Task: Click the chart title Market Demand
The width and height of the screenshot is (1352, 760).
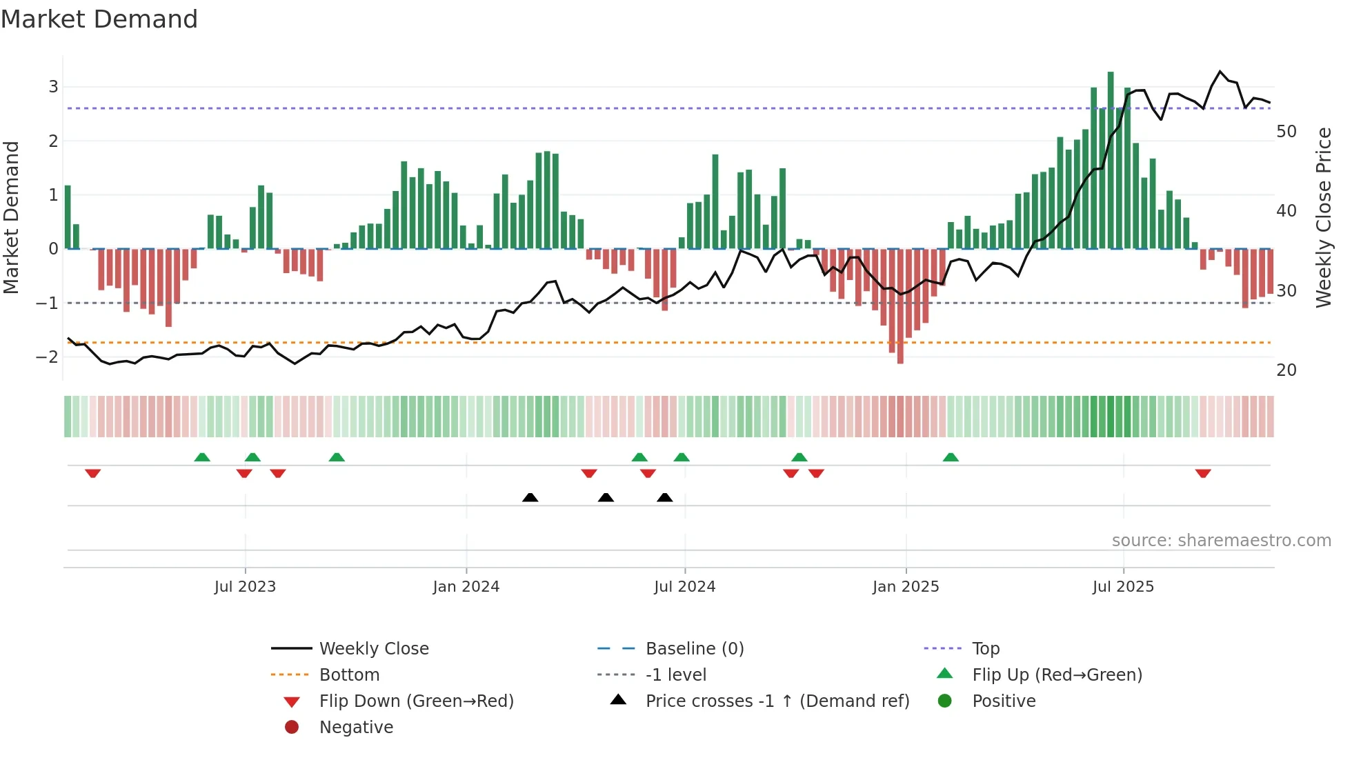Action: [99, 19]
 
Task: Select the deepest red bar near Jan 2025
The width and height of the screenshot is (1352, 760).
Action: [900, 306]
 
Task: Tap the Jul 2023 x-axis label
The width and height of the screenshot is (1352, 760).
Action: [245, 587]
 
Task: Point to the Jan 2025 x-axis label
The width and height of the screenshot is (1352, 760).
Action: [906, 587]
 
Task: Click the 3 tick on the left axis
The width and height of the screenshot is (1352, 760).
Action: [53, 87]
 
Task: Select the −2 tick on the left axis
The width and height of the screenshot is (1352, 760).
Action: [48, 357]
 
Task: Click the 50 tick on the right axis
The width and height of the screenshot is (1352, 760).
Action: [1286, 132]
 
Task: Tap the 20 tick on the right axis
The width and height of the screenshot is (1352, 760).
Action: [1286, 370]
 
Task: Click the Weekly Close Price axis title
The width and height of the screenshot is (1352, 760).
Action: [1323, 217]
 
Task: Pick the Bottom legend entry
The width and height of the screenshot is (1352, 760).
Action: [349, 675]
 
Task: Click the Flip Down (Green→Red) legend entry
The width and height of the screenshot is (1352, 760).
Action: [416, 701]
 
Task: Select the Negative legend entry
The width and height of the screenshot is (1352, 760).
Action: [356, 728]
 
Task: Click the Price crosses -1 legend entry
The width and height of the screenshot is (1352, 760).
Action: [777, 701]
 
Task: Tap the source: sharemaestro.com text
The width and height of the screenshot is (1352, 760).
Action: [1221, 541]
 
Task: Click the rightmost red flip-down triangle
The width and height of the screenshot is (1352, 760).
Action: [1203, 473]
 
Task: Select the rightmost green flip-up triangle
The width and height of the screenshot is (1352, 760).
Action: [951, 457]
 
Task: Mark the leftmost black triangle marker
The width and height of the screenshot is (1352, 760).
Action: [530, 497]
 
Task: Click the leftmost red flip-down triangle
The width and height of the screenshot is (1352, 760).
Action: [93, 473]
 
